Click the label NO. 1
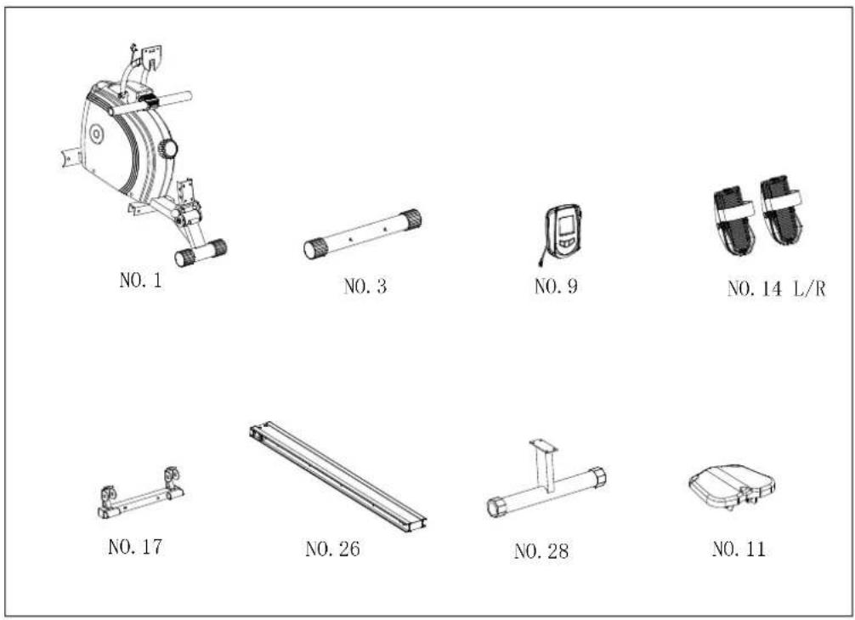pyautogui.click(x=141, y=280)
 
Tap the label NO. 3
pyautogui.click(x=365, y=286)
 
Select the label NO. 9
pyautogui.click(x=556, y=286)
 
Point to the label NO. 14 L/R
pyautogui.click(x=777, y=288)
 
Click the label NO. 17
pyautogui.click(x=135, y=546)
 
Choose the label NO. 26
pyautogui.click(x=332, y=549)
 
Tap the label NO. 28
pyautogui.click(x=541, y=551)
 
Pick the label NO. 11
pyautogui.click(x=739, y=549)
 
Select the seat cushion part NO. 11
pyautogui.click(x=732, y=486)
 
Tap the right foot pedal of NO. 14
pyautogui.click(x=782, y=209)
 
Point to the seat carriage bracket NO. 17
pyautogui.click(x=141, y=493)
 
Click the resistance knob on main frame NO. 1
pyautogui.click(x=167, y=149)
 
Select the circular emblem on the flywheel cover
pyautogui.click(x=97, y=134)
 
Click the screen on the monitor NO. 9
pyautogui.click(x=567, y=225)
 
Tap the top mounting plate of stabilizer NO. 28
pyautogui.click(x=543, y=446)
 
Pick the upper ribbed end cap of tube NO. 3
pyautogui.click(x=411, y=219)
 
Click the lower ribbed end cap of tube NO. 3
pyautogui.click(x=315, y=248)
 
